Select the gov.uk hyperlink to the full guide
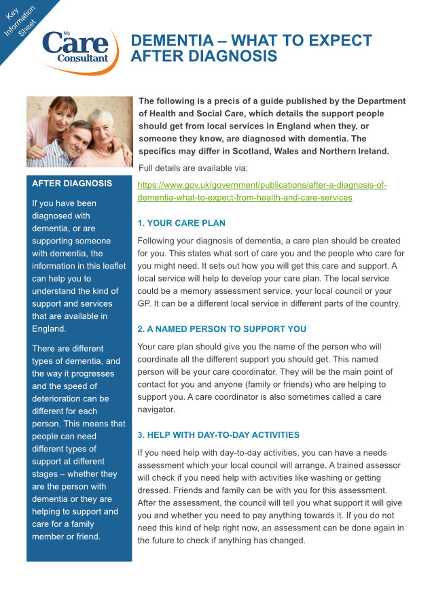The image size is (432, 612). point(262,191)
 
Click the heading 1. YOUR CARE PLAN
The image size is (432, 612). point(181,223)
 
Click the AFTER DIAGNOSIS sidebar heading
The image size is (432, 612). point(73,184)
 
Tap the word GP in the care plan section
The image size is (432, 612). point(145,303)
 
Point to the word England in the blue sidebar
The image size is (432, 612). point(48,328)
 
